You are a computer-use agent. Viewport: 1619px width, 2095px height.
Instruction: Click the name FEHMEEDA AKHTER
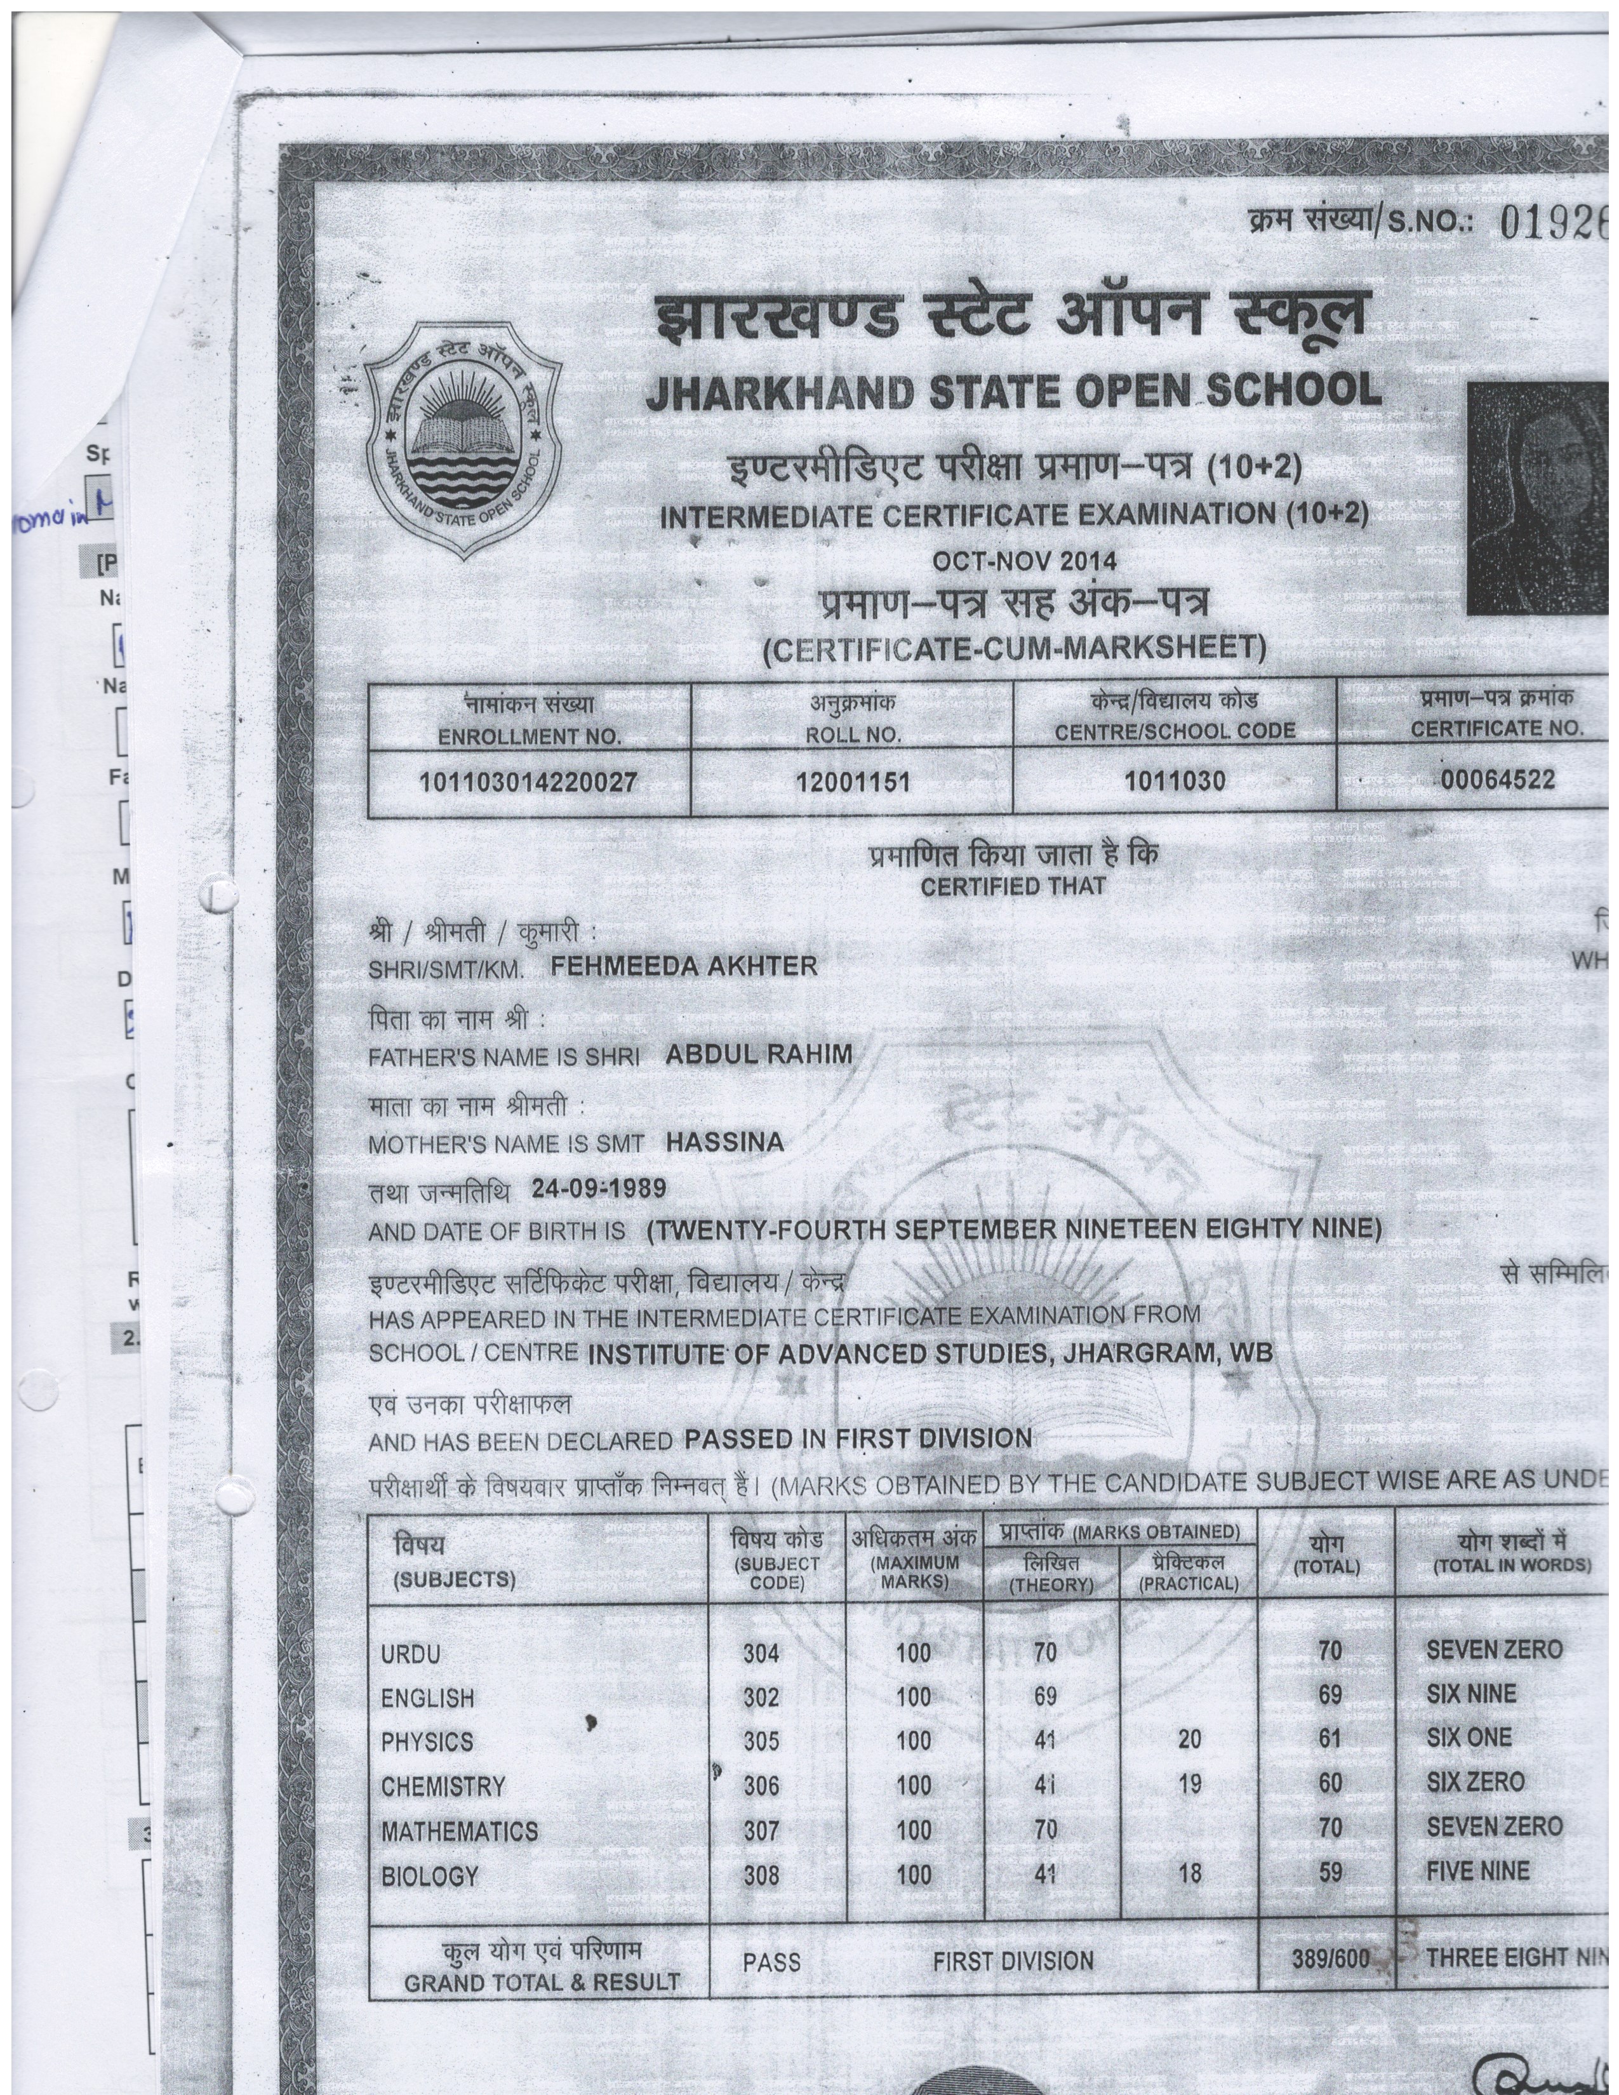click(x=683, y=967)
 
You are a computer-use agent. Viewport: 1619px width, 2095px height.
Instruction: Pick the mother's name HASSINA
click(x=724, y=1141)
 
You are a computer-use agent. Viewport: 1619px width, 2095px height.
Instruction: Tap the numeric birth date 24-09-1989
click(x=599, y=1188)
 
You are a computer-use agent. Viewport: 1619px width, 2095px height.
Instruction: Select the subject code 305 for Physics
click(x=761, y=1741)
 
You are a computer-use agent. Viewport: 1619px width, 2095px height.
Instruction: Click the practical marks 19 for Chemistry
click(x=1189, y=1785)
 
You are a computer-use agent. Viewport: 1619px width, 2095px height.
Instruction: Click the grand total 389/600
click(x=1329, y=1958)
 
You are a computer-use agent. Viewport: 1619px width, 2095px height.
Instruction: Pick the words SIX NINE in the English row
click(x=1470, y=1694)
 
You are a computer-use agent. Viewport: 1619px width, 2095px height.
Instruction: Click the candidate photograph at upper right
click(x=1538, y=499)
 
